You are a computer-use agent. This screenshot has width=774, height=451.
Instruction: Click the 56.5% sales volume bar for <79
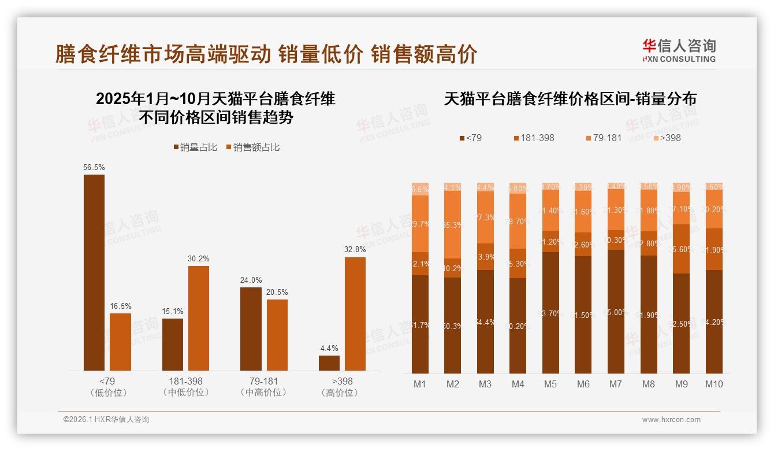[x=94, y=272]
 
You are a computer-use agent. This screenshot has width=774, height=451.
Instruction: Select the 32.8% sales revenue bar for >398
[x=355, y=314]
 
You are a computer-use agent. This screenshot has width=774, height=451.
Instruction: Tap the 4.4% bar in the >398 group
[x=329, y=363]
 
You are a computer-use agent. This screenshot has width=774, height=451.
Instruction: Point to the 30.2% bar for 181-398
[x=199, y=318]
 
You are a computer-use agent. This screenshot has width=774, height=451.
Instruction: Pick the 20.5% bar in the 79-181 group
[x=277, y=335]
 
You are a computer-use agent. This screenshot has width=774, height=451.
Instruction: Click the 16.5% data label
[x=120, y=306]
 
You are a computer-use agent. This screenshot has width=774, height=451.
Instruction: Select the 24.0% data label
[x=251, y=280]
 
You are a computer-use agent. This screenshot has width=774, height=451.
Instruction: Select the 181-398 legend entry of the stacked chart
[x=534, y=138]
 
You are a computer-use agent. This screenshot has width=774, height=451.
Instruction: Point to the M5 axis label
[x=550, y=384]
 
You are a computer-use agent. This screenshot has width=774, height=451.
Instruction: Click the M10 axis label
[x=714, y=384]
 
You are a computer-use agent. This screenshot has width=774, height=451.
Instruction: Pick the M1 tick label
[x=420, y=384]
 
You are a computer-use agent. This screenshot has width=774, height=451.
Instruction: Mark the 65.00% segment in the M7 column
[x=616, y=312]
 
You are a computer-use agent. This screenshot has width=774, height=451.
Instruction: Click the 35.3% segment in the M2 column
[x=453, y=224]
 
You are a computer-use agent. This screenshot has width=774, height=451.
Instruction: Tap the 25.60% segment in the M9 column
[x=682, y=249]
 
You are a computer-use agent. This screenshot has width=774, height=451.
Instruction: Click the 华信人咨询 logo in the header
[x=679, y=50]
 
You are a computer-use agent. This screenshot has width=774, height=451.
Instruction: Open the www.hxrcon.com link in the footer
[x=671, y=420]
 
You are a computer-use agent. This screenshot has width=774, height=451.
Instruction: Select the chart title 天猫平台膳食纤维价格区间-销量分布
[x=570, y=99]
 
